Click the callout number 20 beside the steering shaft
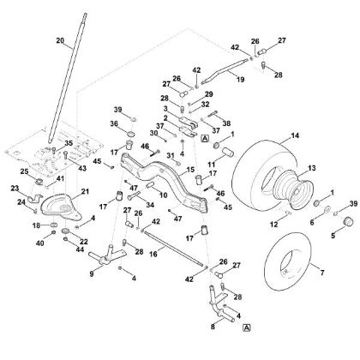click(x=59, y=40)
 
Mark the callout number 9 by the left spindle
click(x=93, y=275)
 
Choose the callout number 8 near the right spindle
click(x=212, y=327)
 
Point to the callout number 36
click(x=115, y=123)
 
